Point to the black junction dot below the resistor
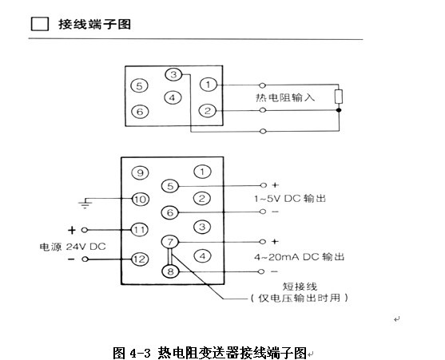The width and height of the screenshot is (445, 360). (339, 110)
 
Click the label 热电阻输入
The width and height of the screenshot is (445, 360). (285, 97)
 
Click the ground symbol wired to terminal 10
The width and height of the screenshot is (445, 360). (85, 204)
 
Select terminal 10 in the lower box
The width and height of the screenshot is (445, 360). (140, 200)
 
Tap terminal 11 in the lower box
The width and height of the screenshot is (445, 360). (139, 230)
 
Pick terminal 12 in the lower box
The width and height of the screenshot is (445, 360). (140, 259)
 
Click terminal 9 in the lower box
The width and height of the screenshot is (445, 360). (140, 172)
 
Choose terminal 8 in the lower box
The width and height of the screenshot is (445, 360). (170, 271)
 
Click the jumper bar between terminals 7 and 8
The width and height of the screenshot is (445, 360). (170, 257)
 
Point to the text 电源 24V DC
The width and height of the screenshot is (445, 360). (73, 247)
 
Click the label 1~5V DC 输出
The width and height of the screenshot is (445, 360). (290, 199)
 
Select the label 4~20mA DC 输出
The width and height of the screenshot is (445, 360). (299, 257)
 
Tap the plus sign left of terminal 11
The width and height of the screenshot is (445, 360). (72, 230)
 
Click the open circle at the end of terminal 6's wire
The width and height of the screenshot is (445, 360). (263, 212)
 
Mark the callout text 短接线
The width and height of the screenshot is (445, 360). (300, 287)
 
